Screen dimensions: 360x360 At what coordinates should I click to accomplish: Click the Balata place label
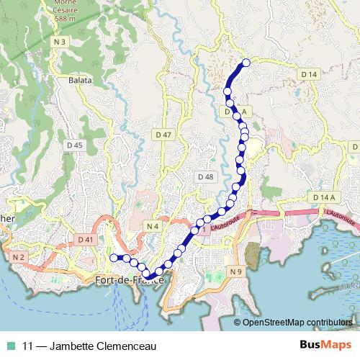click(80, 80)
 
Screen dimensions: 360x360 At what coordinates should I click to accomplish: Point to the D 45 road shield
click(74, 145)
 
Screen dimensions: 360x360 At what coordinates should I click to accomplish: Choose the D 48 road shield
click(205, 176)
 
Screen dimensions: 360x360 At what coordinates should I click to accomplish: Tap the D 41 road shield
click(84, 239)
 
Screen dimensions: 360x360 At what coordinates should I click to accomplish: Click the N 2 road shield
click(18, 256)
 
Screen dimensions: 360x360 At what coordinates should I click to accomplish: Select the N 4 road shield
click(152, 227)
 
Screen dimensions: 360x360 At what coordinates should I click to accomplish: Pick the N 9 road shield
click(236, 271)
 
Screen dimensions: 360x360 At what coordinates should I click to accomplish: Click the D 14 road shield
click(309, 74)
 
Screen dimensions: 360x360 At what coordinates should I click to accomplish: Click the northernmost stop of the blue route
click(246, 63)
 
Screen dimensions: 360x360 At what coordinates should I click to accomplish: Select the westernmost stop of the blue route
click(113, 257)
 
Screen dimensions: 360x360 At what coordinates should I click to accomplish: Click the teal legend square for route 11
click(12, 346)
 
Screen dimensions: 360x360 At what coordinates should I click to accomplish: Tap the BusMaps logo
click(327, 346)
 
